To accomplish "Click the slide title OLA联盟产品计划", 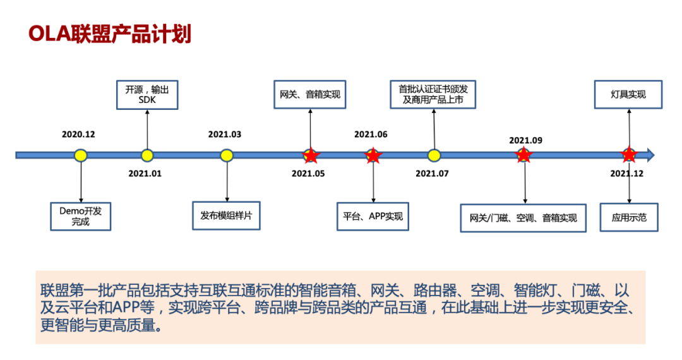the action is [110, 34].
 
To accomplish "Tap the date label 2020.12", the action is [78, 135].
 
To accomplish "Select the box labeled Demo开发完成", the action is [80, 217].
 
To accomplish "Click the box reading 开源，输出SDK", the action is [147, 95].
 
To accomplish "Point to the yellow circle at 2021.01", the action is [147, 155].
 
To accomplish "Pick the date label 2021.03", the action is [224, 135].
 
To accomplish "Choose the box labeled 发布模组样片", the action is [226, 215].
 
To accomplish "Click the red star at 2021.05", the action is [311, 155].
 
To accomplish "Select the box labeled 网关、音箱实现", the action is [309, 94].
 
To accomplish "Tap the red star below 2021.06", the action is [373, 155].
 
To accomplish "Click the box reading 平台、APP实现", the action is [373, 217].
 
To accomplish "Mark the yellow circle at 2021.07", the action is [434, 155].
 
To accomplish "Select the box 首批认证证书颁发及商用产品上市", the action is [433, 94].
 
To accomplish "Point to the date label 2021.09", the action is [526, 140].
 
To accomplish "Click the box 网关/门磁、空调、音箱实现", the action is [523, 218].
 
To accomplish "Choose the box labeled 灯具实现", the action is [628, 94].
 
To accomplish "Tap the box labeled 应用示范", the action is [629, 217].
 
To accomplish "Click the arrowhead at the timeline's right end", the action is [651, 155].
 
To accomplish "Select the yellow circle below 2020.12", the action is [80, 155].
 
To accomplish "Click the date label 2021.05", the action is [308, 174].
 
